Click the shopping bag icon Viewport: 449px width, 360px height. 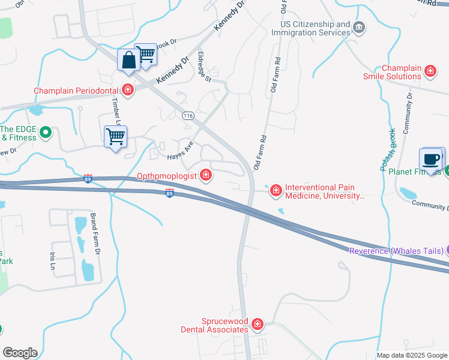pyautogui.click(x=129, y=61)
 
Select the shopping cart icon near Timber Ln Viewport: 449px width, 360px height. pyautogui.click(x=115, y=137)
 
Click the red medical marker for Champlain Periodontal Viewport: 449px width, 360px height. pyautogui.click(x=127, y=91)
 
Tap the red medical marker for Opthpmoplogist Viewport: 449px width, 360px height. pyautogui.click(x=206, y=175)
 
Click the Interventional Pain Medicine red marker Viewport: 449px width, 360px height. pyautogui.click(x=276, y=191)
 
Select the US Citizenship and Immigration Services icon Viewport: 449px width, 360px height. pyautogui.click(x=359, y=28)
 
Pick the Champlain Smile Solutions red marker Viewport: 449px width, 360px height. pyautogui.click(x=430, y=72)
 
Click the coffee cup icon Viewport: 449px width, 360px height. pyautogui.click(x=431, y=160)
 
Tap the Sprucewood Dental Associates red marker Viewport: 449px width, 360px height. pyautogui.click(x=258, y=325)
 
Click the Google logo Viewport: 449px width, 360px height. pyautogui.click(x=20, y=353)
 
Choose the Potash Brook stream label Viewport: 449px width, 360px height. pyautogui.click(x=388, y=150)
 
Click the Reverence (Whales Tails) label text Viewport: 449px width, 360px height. pyautogui.click(x=396, y=250)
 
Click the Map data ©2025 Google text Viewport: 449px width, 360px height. pyautogui.click(x=412, y=355)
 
